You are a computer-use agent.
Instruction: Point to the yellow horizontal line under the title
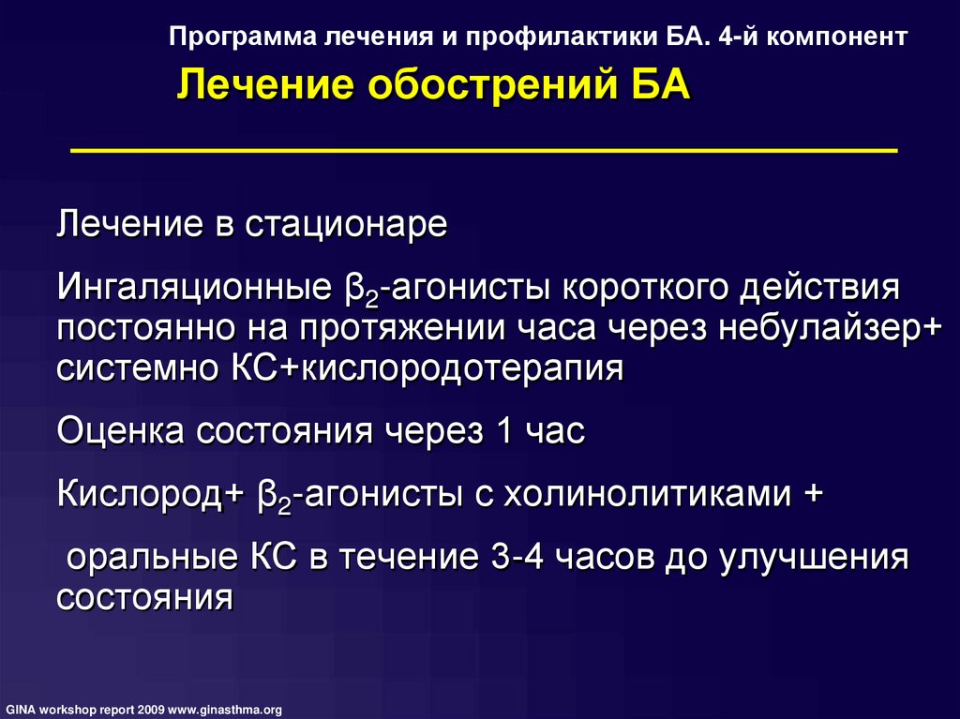(x=484, y=149)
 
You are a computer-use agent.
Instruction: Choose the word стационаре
(x=347, y=225)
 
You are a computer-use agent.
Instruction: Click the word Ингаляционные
(x=196, y=288)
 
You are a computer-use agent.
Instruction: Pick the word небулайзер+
(x=831, y=328)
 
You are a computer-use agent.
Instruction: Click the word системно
(x=139, y=368)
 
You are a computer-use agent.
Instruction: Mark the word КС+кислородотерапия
(x=427, y=369)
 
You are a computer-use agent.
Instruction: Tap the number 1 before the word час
(x=504, y=430)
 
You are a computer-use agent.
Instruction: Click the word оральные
(x=152, y=558)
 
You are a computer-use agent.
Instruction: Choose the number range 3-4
(x=517, y=558)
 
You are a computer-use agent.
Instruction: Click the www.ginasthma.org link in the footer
(x=225, y=710)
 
